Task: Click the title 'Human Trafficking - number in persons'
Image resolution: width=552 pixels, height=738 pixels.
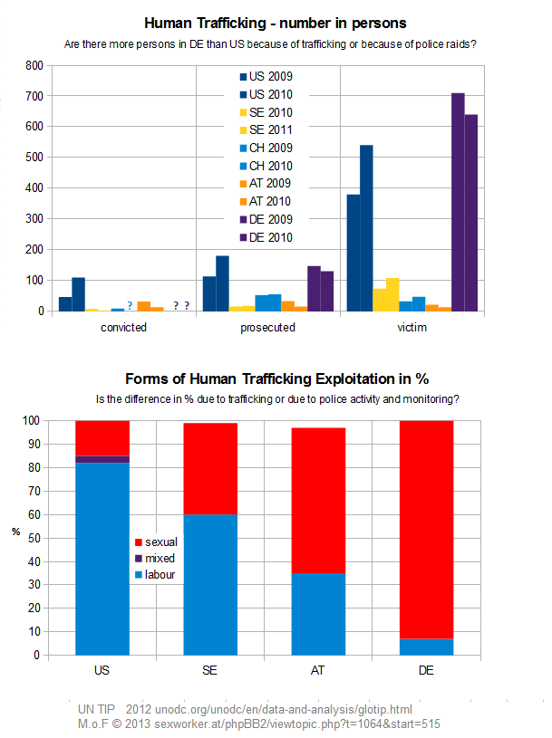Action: coord(276,23)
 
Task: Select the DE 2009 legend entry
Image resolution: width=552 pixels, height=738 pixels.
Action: coord(272,219)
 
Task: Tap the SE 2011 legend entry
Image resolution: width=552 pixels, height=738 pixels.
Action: coord(272,130)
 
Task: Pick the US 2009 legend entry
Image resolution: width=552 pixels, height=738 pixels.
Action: coord(272,77)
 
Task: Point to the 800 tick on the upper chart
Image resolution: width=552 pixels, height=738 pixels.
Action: coord(34,66)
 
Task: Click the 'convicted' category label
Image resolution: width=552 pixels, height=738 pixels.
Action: coord(123,328)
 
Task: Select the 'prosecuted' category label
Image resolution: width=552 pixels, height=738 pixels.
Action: coord(267,328)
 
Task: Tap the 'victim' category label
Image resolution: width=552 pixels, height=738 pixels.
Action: coord(412,328)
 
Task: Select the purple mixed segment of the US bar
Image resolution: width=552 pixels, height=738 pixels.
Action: coord(102,459)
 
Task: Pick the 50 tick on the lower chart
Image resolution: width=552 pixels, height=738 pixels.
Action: coord(34,538)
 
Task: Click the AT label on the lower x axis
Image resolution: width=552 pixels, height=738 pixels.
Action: coord(319,671)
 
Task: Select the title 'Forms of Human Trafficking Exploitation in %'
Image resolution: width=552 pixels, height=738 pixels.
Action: coord(276,379)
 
